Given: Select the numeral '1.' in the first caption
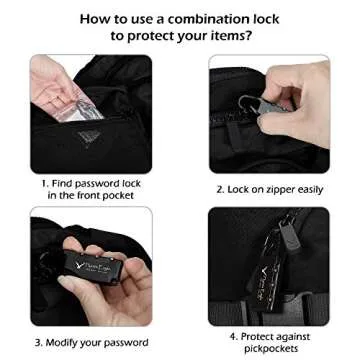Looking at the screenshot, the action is pos(45,184).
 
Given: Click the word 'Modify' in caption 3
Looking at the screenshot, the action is pos(63,343).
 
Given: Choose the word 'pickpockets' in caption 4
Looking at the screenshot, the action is pos(271,349).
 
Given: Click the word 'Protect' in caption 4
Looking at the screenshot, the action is pos(258,337).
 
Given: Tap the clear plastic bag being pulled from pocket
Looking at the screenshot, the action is pos(79,108).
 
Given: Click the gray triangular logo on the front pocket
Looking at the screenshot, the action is pos(88,136).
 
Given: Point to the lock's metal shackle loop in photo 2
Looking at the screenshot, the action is pos(247,104).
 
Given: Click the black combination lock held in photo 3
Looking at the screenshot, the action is pos(94,266).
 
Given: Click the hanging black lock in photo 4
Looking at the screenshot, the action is pos(268,277).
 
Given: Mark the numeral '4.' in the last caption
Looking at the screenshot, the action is pos(233,337).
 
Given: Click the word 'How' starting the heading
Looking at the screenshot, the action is pos(93,19).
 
